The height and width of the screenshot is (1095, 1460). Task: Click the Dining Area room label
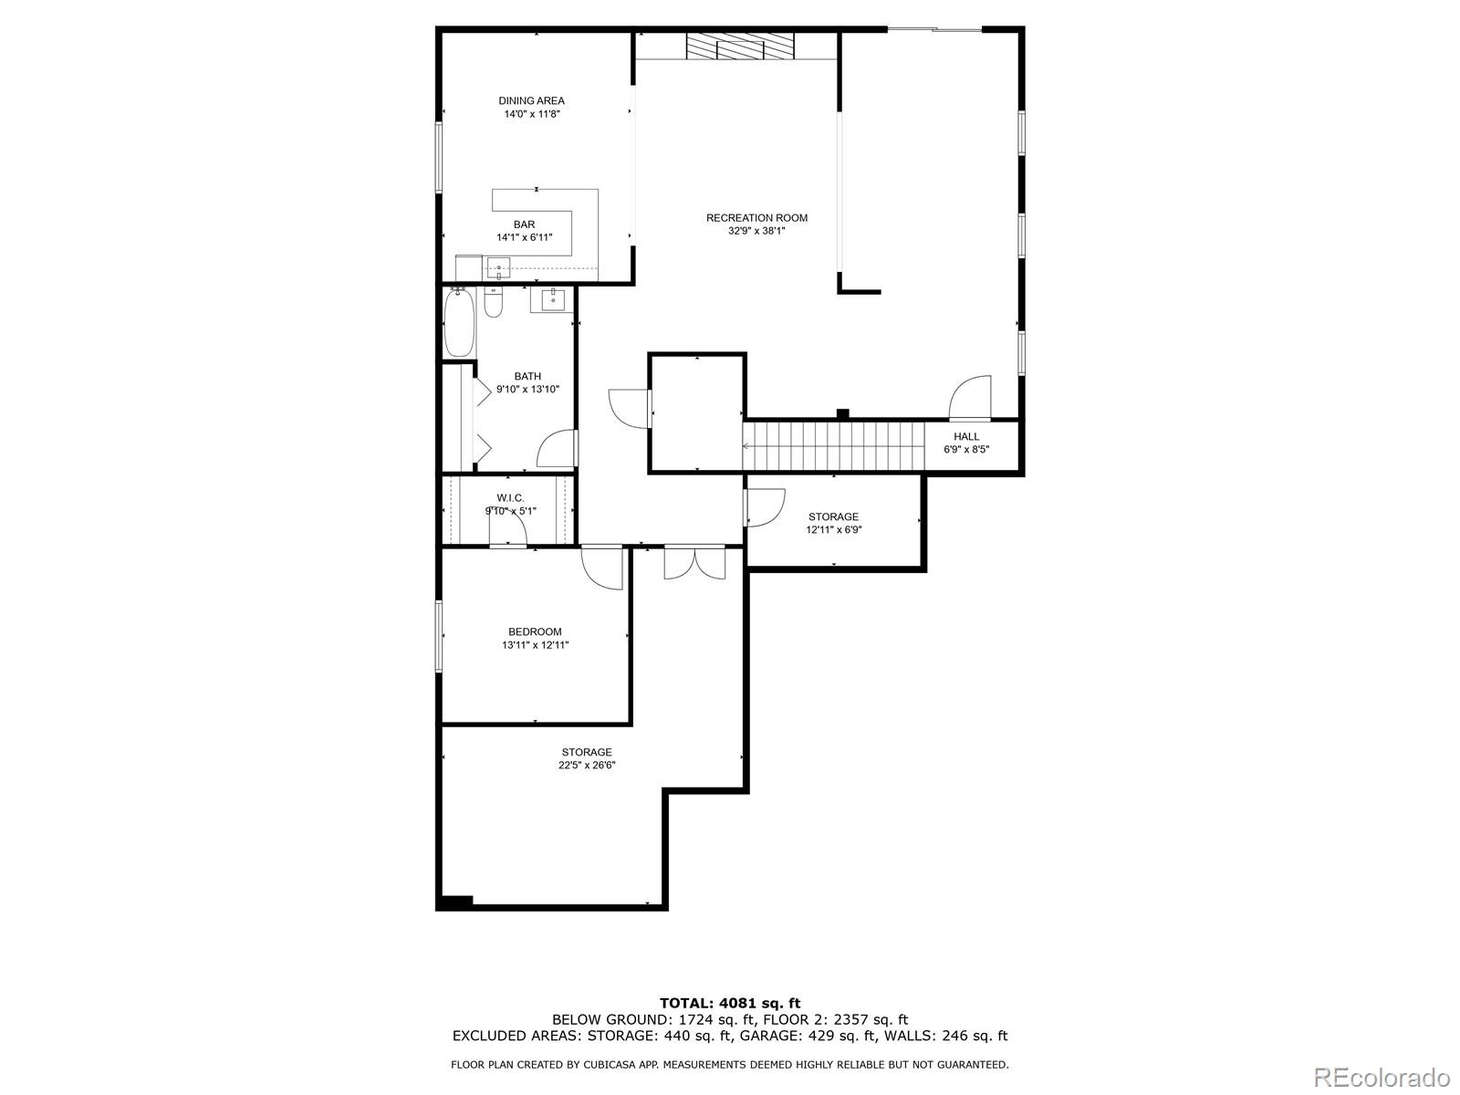click(x=531, y=101)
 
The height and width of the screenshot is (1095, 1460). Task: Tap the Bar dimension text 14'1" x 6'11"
click(x=524, y=237)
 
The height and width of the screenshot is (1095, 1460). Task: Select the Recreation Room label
click(x=757, y=218)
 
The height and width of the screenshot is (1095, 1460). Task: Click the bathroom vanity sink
click(x=553, y=300)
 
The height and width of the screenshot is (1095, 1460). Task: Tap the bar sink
click(x=498, y=267)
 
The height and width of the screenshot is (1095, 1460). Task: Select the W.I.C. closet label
click(x=510, y=498)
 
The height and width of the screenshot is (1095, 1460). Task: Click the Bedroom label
click(x=535, y=631)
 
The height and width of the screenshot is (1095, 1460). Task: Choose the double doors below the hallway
click(x=694, y=562)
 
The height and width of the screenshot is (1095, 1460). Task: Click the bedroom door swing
click(x=602, y=567)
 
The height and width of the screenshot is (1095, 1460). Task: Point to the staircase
click(x=834, y=446)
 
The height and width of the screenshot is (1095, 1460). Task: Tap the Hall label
click(x=966, y=437)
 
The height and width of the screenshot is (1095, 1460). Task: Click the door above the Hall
click(x=970, y=398)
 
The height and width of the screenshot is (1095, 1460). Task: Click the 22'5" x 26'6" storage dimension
click(x=587, y=766)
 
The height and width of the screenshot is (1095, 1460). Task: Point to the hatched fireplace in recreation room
click(x=740, y=46)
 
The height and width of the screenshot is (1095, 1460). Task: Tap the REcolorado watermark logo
click(x=1382, y=1077)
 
